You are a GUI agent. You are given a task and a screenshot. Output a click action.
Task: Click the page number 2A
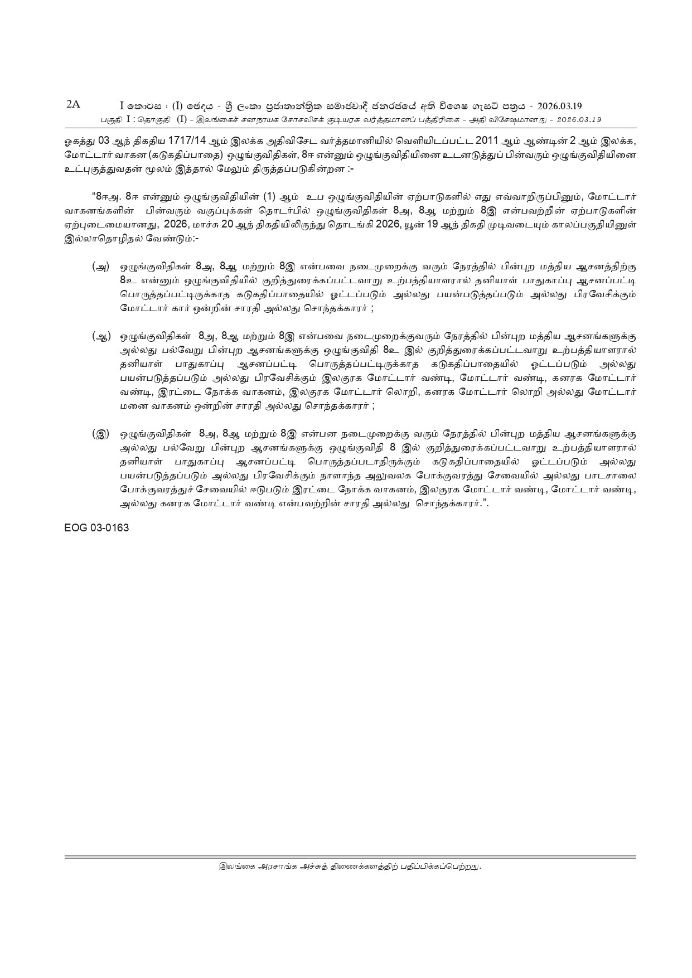73,104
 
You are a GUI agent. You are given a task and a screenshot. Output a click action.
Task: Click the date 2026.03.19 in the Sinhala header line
559,106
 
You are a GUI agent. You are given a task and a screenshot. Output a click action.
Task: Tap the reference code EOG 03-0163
96,527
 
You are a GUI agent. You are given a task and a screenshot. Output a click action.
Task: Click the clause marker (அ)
100,267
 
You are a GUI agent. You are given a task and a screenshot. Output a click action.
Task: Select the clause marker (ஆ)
101,336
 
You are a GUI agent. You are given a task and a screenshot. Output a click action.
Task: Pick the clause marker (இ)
101,433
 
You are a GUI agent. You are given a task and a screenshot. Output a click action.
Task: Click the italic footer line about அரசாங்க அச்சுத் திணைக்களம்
350,882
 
